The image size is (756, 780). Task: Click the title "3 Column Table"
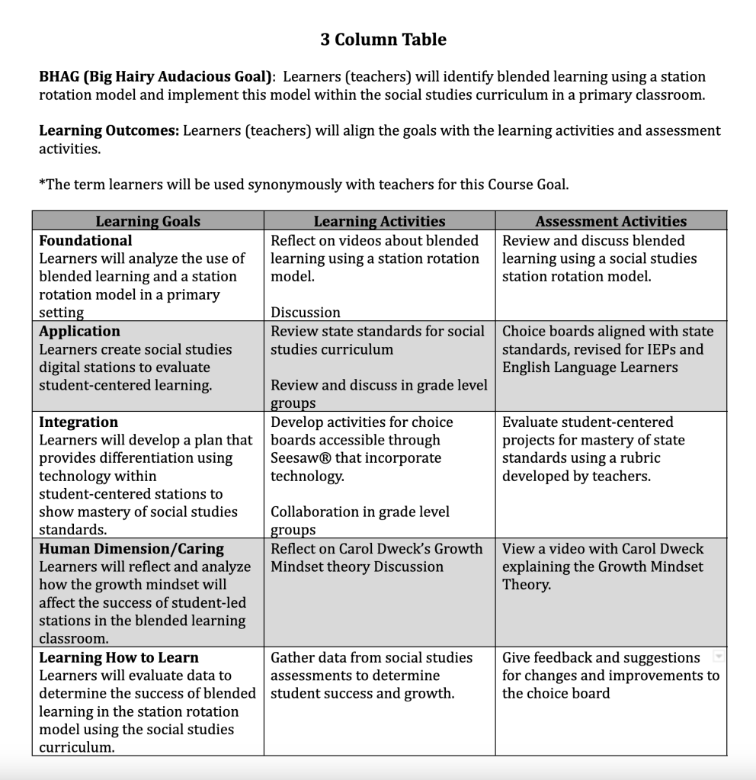click(383, 40)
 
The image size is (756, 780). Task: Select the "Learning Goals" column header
click(148, 221)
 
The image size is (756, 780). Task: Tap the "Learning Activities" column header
click(380, 221)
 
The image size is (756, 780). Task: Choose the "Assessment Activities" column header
click(610, 221)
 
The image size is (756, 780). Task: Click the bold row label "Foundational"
click(85, 240)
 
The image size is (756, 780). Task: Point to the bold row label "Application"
click(79, 331)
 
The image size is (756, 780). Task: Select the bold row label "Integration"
click(78, 422)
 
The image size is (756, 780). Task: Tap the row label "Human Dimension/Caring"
click(131, 548)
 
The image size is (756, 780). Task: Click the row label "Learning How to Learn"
click(119, 657)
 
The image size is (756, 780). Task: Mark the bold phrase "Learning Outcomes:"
click(109, 130)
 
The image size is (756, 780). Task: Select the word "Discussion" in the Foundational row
click(306, 313)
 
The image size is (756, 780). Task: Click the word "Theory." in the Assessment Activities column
click(526, 585)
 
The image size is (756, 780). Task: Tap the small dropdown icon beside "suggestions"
click(717, 656)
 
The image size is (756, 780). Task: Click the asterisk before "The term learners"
click(42, 183)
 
